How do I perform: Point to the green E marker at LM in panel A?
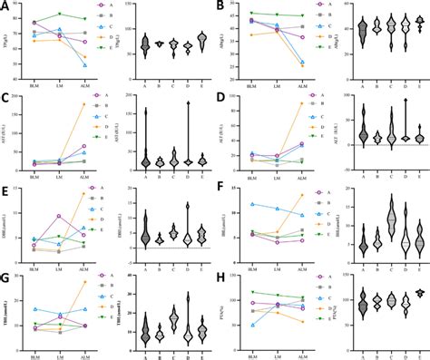(x=59, y=14)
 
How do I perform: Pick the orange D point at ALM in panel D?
(x=301, y=103)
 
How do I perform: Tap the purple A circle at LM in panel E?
(x=59, y=216)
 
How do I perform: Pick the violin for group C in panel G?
(x=174, y=319)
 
